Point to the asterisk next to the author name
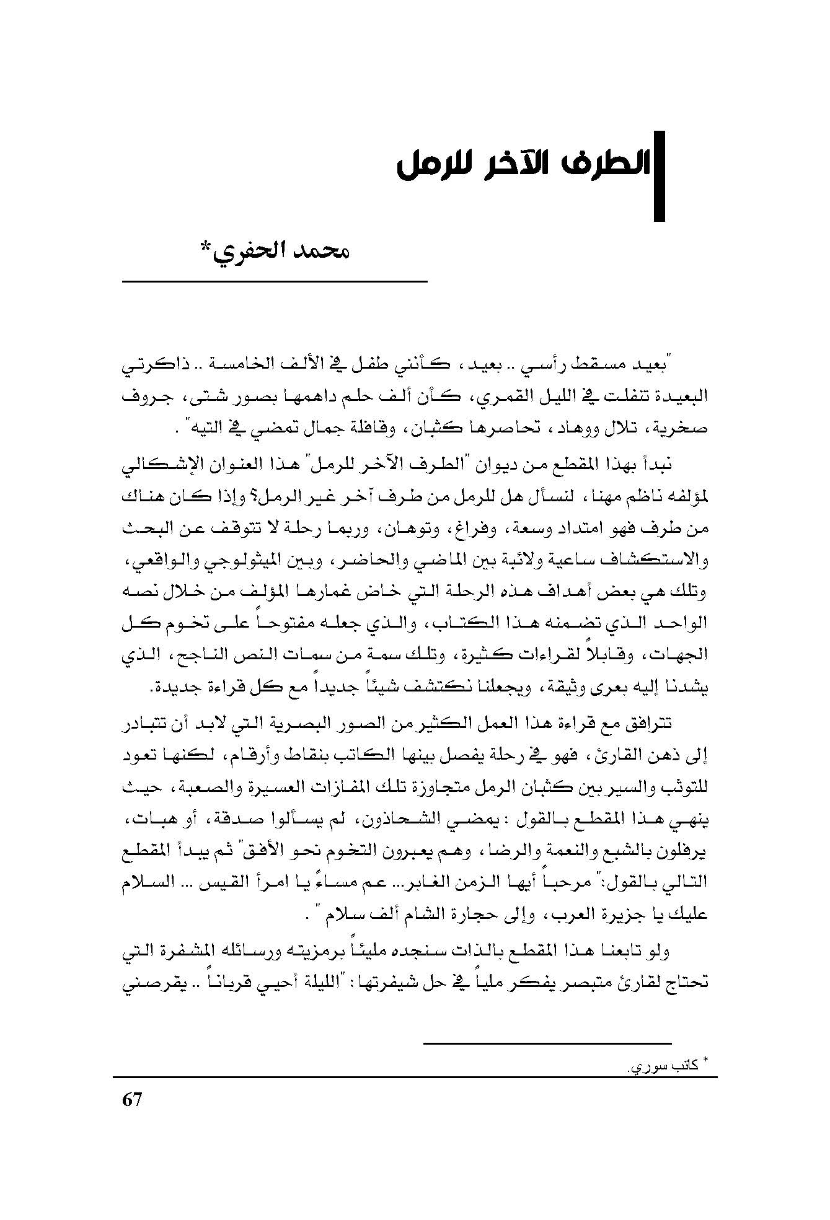pyautogui.click(x=206, y=250)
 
